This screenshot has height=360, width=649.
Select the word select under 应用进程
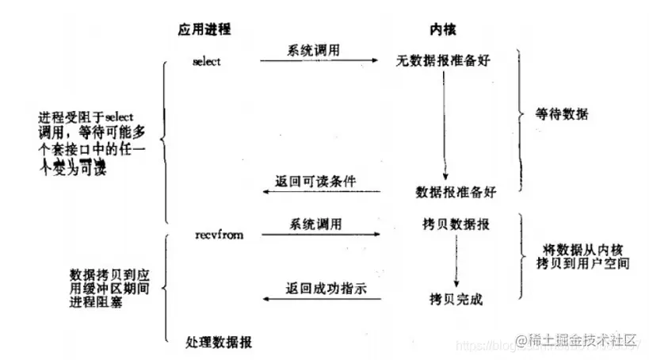pos(207,61)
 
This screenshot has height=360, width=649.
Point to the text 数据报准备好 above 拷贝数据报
pos(456,192)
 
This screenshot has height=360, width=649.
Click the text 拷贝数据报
pos(456,224)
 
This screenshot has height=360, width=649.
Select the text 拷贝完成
pos(455,300)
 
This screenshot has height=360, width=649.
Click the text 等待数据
pos(563,113)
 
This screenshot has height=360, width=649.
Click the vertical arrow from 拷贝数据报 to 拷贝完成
pos(455,262)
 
